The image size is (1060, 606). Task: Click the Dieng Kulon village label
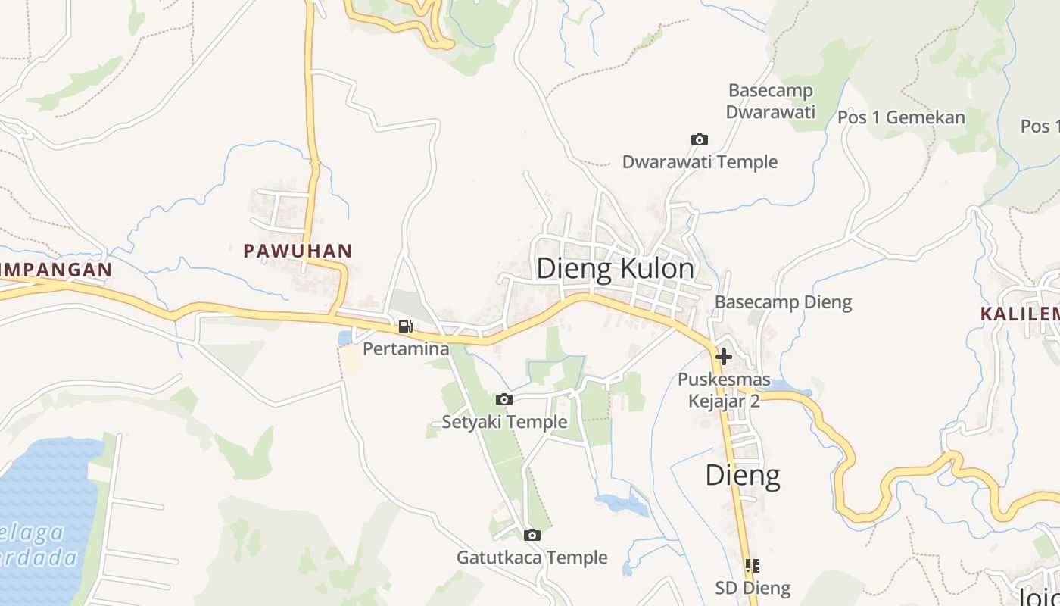[615, 269]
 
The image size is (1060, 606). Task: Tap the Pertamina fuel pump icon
[406, 326]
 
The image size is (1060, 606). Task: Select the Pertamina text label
[406, 349]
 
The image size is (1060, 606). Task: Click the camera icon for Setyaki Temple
[504, 399]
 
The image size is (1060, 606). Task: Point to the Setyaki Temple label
[504, 422]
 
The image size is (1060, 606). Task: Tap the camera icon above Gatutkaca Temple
[532, 535]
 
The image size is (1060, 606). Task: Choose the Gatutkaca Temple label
[532, 558]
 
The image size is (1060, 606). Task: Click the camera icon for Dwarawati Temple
[700, 139]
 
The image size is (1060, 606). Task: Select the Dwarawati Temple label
[700, 162]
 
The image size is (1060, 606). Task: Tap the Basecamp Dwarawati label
[771, 102]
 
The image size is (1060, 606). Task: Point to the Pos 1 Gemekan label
[901, 117]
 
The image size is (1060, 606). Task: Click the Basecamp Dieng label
[783, 302]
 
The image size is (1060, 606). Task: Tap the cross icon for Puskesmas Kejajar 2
[724, 356]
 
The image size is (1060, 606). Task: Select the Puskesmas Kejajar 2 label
[724, 390]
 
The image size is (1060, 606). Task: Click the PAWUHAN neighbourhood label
[298, 251]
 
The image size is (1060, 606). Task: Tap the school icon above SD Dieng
[753, 565]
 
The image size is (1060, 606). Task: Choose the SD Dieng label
[753, 588]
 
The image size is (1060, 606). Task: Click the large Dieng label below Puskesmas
[743, 476]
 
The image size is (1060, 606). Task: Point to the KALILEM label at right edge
[1019, 314]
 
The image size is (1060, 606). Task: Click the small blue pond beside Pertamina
[344, 337]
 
